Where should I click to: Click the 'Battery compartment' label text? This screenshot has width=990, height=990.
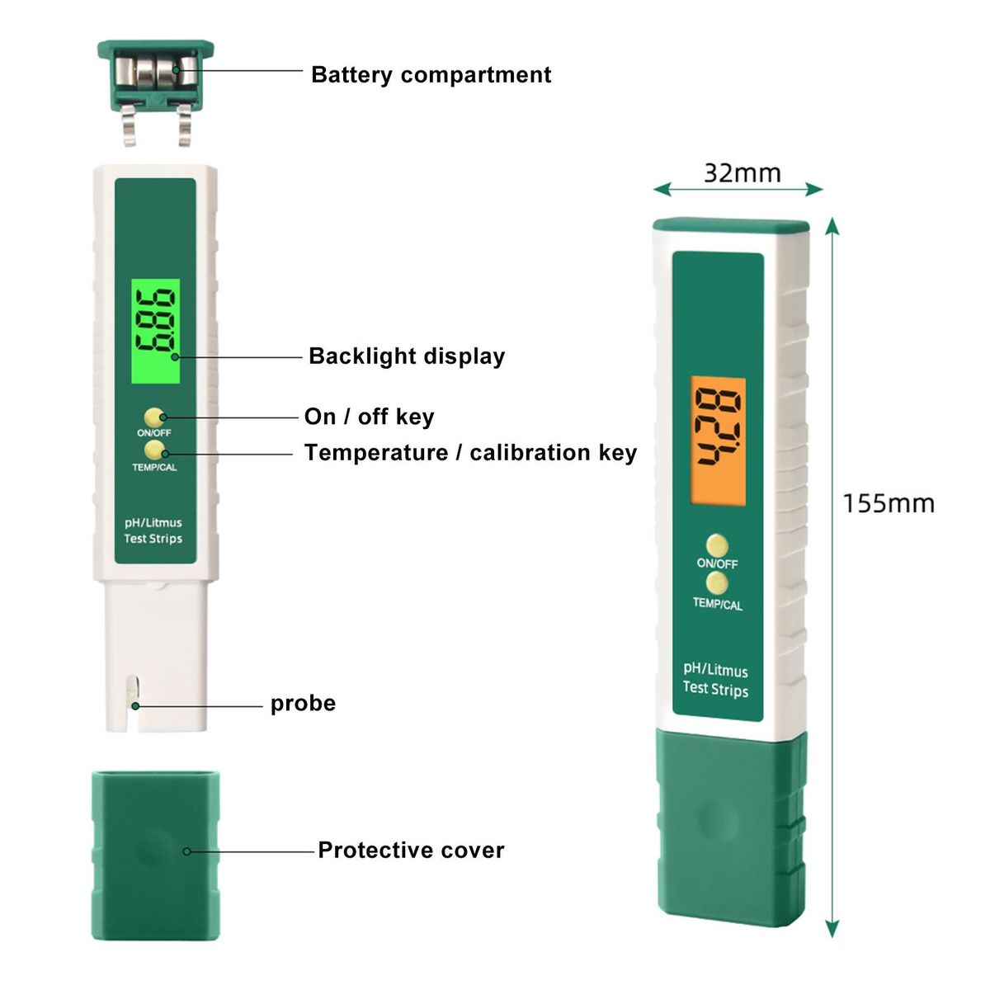[x=431, y=75]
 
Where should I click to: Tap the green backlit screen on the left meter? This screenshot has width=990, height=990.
[x=155, y=331]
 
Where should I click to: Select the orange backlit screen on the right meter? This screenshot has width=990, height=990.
[x=718, y=441]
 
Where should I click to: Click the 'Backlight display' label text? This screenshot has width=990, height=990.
[x=406, y=356]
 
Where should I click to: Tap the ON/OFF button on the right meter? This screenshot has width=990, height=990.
[x=717, y=544]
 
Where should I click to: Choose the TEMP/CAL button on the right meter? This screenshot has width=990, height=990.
[x=717, y=584]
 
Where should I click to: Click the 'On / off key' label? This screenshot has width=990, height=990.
[x=369, y=417]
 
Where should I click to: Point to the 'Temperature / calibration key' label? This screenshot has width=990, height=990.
[x=470, y=453]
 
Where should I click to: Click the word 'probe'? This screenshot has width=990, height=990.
[x=303, y=704]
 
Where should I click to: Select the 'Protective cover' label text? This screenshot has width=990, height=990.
[x=411, y=851]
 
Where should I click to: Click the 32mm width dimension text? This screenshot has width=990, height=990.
[x=742, y=173]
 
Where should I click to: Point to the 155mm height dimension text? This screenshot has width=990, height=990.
[x=889, y=503]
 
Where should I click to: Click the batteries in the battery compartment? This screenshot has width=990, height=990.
[x=156, y=73]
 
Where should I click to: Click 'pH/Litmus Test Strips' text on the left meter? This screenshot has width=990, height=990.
[x=153, y=530]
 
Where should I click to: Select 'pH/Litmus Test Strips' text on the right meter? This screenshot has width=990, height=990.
[x=715, y=679]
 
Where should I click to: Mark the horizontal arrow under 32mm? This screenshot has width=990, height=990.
[x=738, y=190]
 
